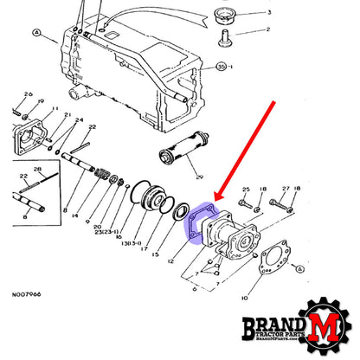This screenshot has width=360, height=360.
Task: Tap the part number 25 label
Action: coord(247,189)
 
